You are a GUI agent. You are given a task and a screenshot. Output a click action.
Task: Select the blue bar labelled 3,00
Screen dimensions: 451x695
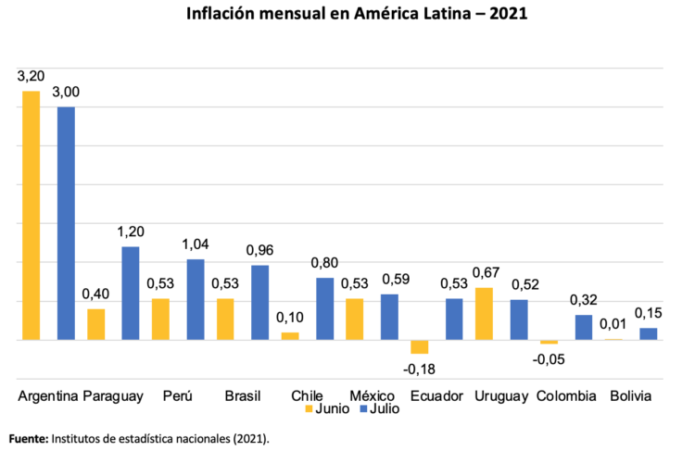pyautogui.click(x=66, y=223)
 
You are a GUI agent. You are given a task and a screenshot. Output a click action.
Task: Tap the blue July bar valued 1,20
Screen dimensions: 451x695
pyautogui.click(x=131, y=293)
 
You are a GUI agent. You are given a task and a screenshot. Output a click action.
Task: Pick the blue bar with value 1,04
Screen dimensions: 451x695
pyautogui.click(x=196, y=299)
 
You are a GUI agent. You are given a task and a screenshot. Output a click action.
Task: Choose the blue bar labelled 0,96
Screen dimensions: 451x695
pyautogui.click(x=259, y=302)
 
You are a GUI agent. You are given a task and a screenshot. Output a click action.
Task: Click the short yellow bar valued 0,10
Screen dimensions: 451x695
pyautogui.click(x=291, y=335)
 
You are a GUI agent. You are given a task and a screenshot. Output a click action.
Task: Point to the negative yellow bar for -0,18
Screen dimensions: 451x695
pyautogui.click(x=420, y=346)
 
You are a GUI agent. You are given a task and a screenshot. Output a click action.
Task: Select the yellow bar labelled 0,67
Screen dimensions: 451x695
pyautogui.click(x=484, y=314)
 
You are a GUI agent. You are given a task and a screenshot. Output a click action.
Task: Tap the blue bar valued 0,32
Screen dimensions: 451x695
pyautogui.click(x=583, y=327)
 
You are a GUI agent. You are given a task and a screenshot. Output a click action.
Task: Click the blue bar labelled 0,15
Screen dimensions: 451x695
pyautogui.click(x=648, y=333)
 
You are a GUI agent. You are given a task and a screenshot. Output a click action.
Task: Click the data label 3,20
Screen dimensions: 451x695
pyautogui.click(x=31, y=76)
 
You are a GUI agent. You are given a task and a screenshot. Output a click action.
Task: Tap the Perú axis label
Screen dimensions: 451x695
pyautogui.click(x=178, y=395)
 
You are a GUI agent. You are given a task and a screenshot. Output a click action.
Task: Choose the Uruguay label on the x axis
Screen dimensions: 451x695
pyautogui.click(x=500, y=395)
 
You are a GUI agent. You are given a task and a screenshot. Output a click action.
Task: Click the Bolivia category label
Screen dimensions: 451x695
pyautogui.click(x=630, y=395)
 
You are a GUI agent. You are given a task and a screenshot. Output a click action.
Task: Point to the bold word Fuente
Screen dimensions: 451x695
pyautogui.click(x=29, y=437)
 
